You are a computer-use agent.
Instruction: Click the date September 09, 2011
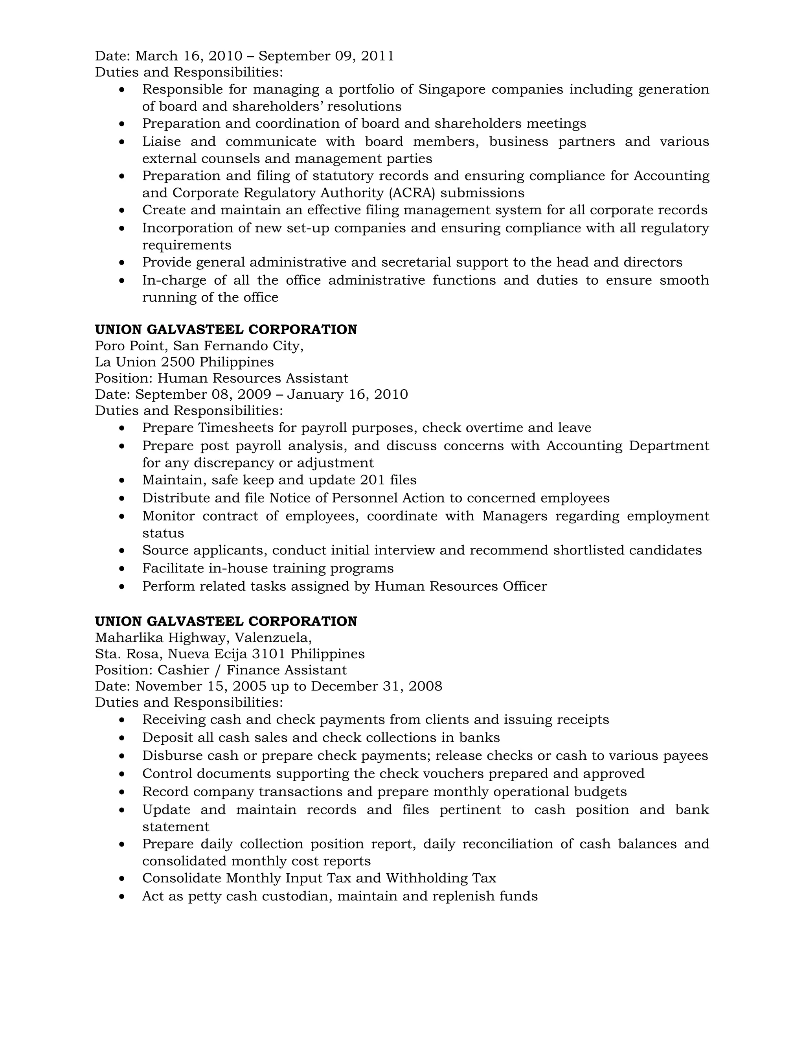coord(326,56)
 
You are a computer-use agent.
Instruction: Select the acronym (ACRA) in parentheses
coord(412,193)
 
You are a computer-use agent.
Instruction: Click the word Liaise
coord(161,142)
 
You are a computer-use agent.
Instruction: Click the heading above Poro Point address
coord(226,330)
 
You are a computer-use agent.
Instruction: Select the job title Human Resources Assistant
coord(253,378)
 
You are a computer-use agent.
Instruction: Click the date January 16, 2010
coord(347,394)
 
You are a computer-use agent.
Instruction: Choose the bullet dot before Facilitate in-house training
coord(123,569)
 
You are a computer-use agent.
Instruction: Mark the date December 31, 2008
coord(376,687)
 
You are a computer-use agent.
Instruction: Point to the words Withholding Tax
coord(441,878)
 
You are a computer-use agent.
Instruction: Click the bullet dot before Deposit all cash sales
coord(123,738)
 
